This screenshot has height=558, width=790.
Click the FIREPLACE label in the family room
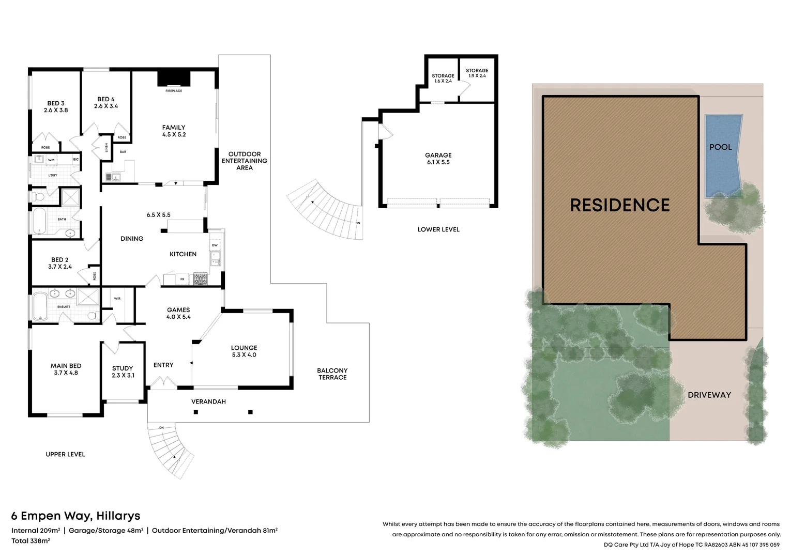click(174, 91)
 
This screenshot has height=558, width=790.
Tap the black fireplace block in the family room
click(174, 79)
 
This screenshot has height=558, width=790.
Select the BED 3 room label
click(56, 103)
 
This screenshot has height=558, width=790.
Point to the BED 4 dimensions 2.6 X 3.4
click(106, 106)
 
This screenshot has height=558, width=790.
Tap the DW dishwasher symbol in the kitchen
click(215, 245)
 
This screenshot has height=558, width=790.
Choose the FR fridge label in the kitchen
click(182, 279)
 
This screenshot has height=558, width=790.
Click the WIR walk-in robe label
click(117, 299)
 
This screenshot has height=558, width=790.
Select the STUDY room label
click(123, 368)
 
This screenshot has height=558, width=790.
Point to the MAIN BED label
click(66, 366)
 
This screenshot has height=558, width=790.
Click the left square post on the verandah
click(196, 412)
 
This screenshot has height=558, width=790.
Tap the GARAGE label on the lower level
click(438, 155)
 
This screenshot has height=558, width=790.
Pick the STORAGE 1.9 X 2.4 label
click(477, 73)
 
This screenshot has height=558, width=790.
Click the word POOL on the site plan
click(720, 147)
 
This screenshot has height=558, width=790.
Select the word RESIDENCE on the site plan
click(619, 205)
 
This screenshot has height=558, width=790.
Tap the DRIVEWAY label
click(709, 395)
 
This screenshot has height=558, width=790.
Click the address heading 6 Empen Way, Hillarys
click(75, 516)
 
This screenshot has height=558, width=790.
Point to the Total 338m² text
click(31, 541)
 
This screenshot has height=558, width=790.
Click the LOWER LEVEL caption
click(438, 229)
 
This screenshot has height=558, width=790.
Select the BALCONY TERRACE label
click(332, 374)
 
